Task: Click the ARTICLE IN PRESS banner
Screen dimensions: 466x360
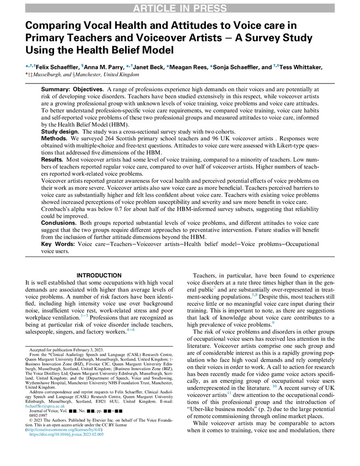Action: point(180,8)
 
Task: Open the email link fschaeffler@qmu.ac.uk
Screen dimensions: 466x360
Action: point(48,405)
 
